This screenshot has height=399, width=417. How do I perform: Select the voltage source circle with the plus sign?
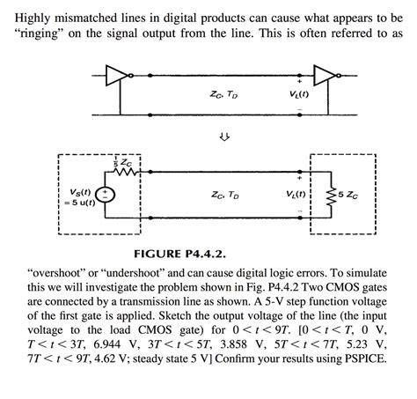[x=104, y=195]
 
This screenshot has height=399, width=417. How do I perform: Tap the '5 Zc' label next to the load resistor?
[x=349, y=196]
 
